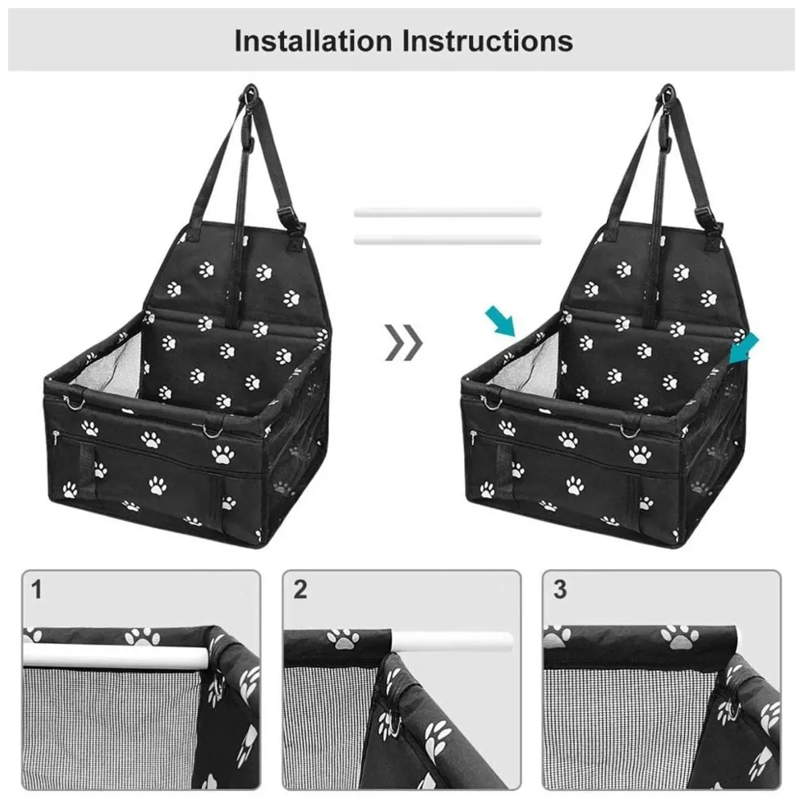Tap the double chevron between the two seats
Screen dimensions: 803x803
click(x=403, y=344)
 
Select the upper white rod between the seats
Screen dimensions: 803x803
click(x=447, y=214)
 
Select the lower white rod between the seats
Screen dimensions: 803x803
click(x=447, y=239)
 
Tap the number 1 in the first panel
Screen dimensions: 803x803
click(x=36, y=590)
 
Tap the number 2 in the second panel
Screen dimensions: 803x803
click(x=300, y=590)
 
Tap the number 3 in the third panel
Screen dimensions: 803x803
click(x=560, y=590)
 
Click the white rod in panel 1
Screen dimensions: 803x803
click(x=112, y=656)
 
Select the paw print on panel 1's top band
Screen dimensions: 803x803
click(x=142, y=638)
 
